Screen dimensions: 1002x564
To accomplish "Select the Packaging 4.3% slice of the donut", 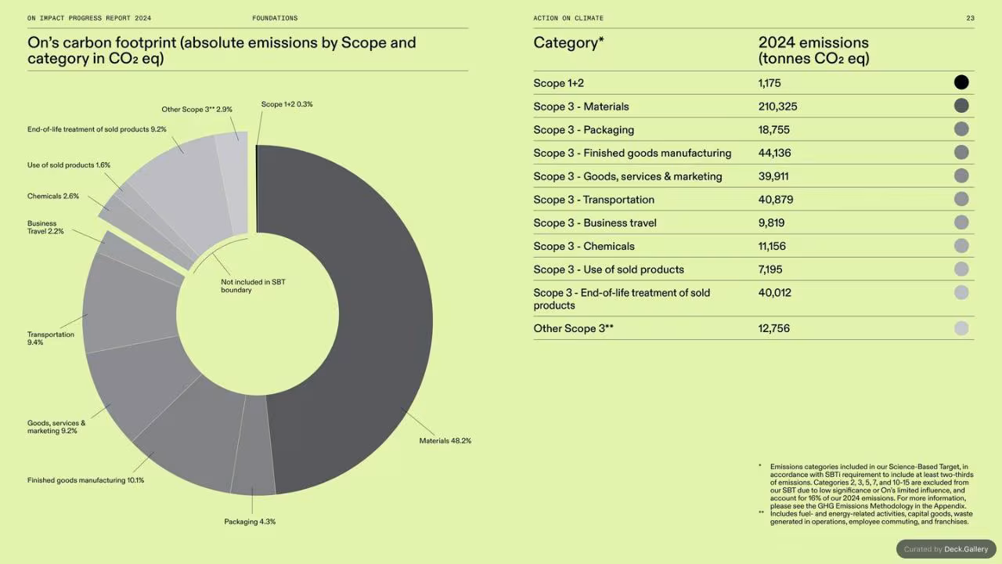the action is tap(253, 446).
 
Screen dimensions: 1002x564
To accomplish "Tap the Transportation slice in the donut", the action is tap(131, 305).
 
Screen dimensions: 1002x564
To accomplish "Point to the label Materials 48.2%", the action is tap(445, 441).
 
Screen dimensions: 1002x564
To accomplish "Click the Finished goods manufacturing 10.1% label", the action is tap(85, 480).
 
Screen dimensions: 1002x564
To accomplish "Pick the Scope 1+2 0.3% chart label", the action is tap(287, 104).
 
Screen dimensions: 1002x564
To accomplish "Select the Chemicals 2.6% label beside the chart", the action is tap(52, 196).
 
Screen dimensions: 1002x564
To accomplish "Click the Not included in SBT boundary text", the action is tap(253, 286).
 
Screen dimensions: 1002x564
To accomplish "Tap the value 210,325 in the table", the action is tap(777, 107).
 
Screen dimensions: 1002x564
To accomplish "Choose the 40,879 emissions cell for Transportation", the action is tap(776, 200).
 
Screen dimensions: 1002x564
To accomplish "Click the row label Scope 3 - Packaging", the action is tap(584, 130).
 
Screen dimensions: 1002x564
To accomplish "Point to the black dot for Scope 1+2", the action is tap(961, 82).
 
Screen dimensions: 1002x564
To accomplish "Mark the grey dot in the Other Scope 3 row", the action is tap(961, 328).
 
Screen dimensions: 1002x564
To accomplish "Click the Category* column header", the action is tap(568, 42).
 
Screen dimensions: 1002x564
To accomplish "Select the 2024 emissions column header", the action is tap(813, 50).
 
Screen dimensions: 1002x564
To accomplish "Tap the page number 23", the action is tap(970, 18).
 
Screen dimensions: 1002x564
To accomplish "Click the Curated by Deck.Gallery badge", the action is tap(946, 549).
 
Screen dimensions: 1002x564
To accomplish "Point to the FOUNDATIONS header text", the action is tap(275, 18).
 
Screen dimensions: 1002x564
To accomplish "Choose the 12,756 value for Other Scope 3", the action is tap(774, 328).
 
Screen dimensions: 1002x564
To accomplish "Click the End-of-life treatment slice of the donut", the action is tap(179, 188).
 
